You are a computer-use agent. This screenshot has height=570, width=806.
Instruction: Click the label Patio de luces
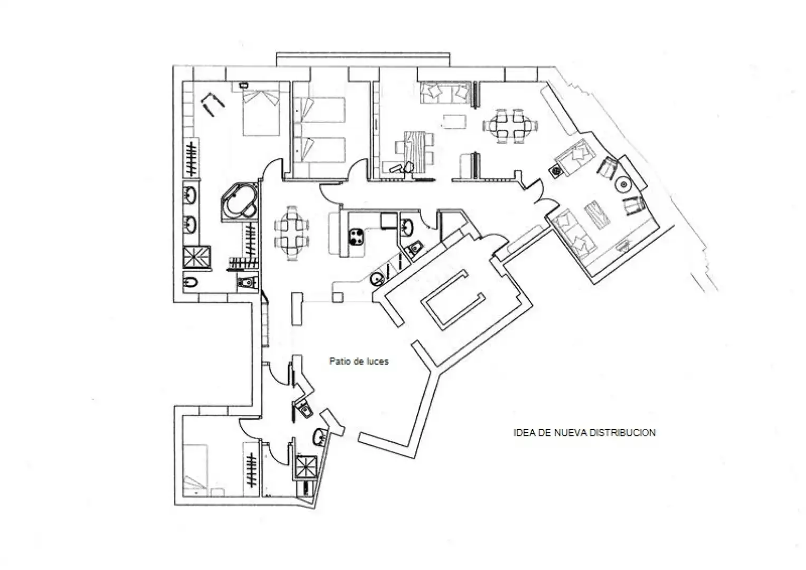click(x=359, y=362)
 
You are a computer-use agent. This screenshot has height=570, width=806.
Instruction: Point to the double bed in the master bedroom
click(x=261, y=112)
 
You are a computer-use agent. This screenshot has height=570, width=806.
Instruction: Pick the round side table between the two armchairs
click(x=623, y=185)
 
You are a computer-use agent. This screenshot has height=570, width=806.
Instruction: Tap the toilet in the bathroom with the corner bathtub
click(x=248, y=281)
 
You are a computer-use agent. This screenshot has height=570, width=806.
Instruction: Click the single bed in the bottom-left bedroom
click(x=196, y=470)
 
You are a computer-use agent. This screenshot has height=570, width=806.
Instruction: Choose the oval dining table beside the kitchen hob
click(x=292, y=233)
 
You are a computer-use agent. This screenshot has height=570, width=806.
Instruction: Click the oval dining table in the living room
click(x=510, y=126)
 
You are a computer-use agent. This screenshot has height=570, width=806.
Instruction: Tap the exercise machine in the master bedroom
click(x=213, y=104)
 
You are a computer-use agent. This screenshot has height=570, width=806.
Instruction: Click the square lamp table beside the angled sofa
click(x=556, y=172)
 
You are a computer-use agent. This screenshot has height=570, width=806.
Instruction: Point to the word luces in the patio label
click(x=378, y=362)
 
